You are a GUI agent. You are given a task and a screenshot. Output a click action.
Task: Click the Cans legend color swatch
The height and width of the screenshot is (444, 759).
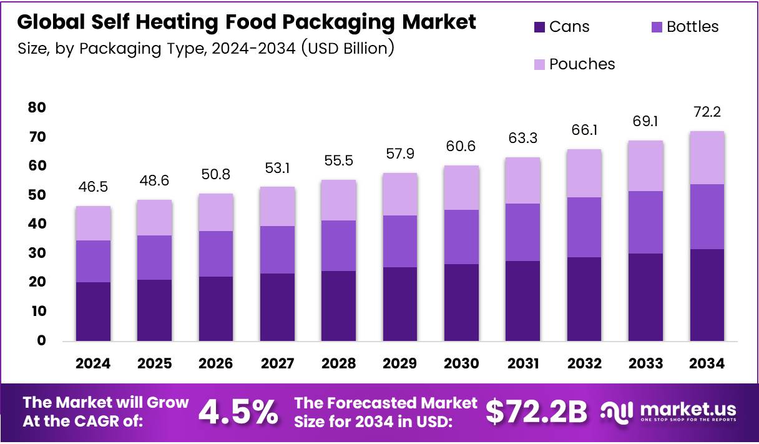pos(539,27)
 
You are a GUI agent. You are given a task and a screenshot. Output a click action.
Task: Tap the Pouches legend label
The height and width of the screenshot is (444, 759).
pos(582,64)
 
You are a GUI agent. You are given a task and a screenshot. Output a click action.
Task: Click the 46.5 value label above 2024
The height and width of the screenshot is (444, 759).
pos(94,187)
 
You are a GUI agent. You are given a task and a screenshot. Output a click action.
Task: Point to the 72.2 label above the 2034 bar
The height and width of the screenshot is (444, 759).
pos(707,112)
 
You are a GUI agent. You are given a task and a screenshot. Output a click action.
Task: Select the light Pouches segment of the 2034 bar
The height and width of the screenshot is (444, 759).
pos(707,157)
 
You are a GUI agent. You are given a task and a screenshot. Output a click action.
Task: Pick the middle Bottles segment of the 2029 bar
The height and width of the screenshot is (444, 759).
pos(400,241)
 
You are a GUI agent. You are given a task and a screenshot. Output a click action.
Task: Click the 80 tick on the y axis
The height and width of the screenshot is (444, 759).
pos(37,107)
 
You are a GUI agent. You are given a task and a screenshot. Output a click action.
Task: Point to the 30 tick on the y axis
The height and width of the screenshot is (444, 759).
pos(37,253)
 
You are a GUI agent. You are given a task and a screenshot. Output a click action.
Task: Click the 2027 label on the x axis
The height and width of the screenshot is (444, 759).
pos(278,363)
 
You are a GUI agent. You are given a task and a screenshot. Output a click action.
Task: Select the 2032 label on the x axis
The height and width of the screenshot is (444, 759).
pos(584,363)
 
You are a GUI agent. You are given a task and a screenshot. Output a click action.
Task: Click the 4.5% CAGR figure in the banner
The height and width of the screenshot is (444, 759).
pos(238,412)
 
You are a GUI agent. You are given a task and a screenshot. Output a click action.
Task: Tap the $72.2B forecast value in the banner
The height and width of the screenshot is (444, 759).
pos(537,412)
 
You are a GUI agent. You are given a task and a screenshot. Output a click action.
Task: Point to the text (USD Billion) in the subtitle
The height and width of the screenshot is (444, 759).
pos(348,48)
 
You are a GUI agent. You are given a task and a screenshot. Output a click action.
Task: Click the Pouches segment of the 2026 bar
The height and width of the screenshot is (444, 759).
pos(216,212)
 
